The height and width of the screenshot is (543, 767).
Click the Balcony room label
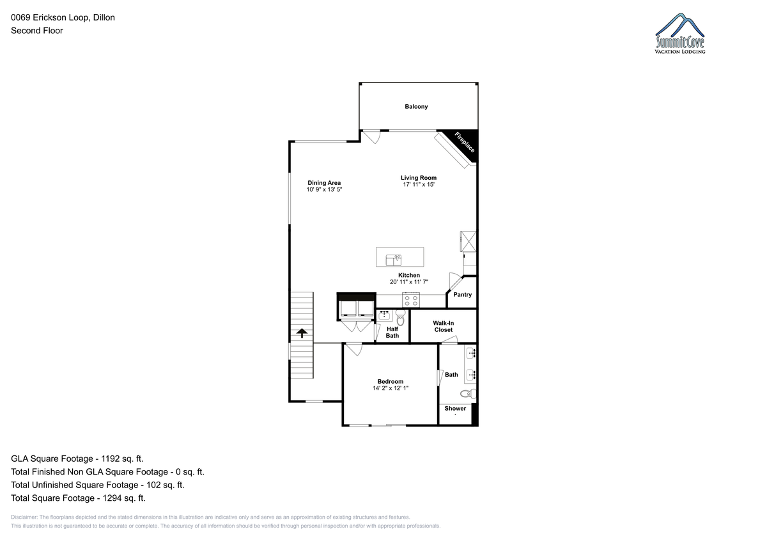(416, 107)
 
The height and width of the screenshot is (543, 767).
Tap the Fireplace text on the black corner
(465, 142)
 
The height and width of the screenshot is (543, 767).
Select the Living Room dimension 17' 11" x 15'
(419, 185)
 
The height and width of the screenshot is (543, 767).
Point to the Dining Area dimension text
(324, 189)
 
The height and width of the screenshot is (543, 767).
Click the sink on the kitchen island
(394, 260)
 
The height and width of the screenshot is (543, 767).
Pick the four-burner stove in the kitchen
(411, 301)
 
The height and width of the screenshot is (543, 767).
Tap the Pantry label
(462, 295)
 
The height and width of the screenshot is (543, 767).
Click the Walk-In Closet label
(443, 326)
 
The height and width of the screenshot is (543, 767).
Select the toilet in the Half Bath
(400, 317)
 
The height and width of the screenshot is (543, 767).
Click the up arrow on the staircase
(302, 333)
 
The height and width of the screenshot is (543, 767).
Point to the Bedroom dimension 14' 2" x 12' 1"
(391, 388)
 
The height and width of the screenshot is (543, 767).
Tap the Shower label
(455, 408)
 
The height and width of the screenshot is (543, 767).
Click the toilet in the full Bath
(468, 393)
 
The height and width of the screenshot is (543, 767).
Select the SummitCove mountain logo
(679, 33)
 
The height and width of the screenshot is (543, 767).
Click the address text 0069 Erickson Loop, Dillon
(63, 17)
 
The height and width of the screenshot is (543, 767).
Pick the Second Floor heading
(37, 31)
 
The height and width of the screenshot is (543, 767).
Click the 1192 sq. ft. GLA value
(122, 459)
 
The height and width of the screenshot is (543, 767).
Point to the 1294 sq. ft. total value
(124, 498)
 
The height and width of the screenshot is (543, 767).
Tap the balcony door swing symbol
(371, 137)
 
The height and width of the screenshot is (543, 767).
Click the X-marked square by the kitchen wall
(468, 242)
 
